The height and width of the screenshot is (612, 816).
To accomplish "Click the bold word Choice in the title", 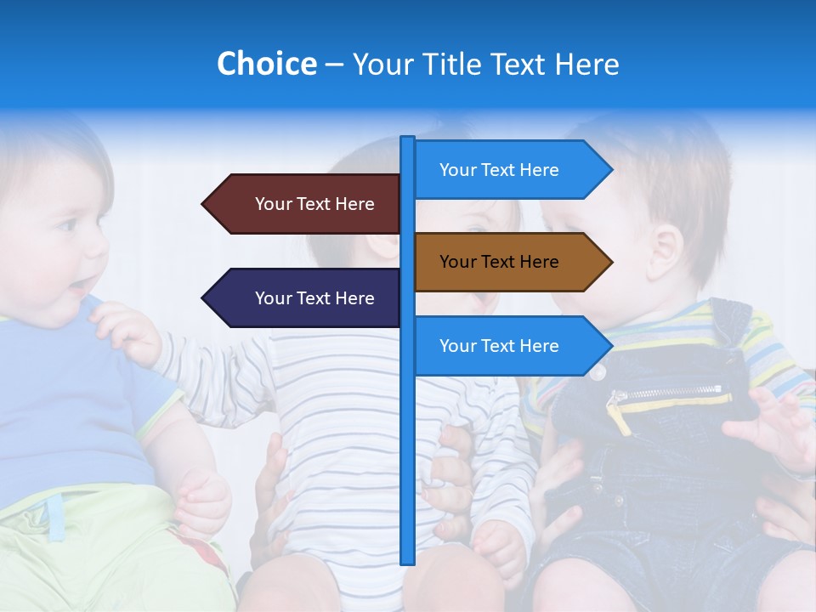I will click(266, 64).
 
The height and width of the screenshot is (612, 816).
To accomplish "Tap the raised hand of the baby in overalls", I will click(773, 425).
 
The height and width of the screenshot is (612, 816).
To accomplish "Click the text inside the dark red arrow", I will click(314, 204).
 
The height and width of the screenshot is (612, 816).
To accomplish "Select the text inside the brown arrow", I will click(499, 262).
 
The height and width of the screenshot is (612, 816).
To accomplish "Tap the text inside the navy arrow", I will click(314, 298).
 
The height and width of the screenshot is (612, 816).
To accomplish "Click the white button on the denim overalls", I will click(598, 371).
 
